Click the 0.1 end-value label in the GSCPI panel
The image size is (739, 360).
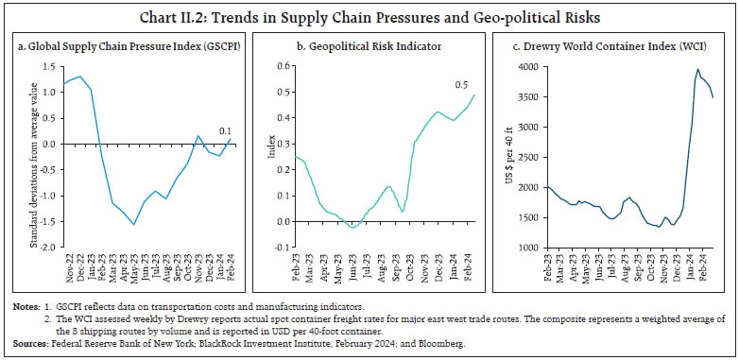[x=224, y=130]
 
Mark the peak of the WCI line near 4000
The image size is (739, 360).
[x=698, y=69]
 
